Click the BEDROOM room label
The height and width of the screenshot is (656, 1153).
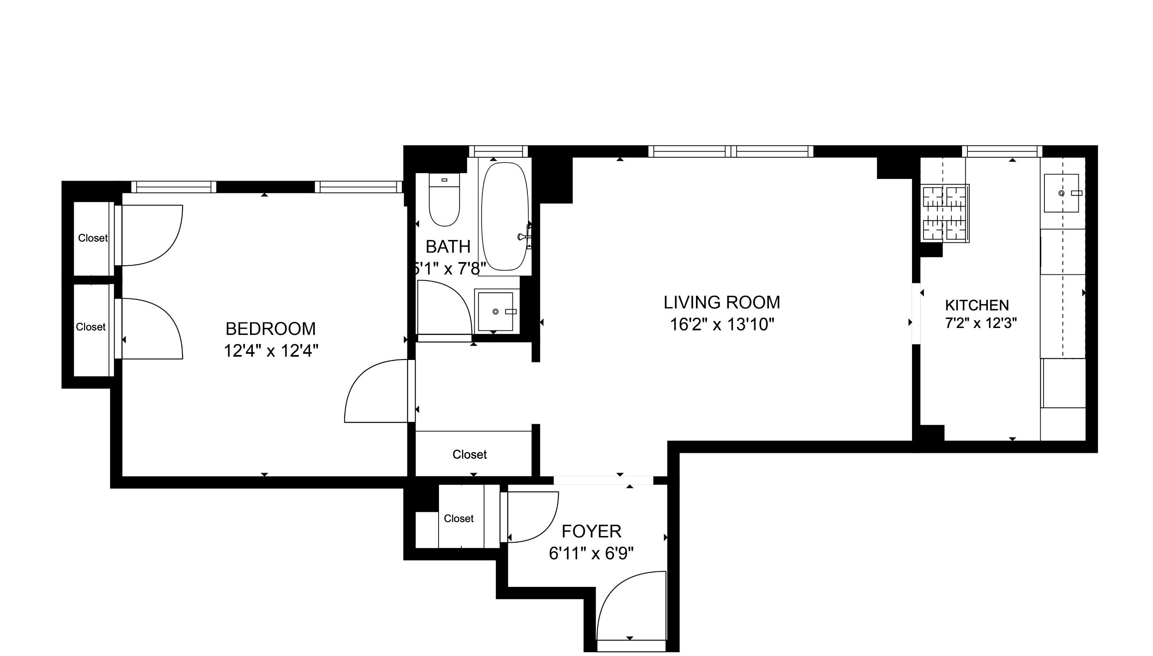(271, 329)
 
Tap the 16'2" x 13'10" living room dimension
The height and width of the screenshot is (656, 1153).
(721, 324)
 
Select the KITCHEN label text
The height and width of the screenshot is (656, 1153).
(977, 305)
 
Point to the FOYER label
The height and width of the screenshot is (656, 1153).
(591, 532)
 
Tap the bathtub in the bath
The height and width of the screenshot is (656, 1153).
(505, 216)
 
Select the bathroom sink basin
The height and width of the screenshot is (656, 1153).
(495, 311)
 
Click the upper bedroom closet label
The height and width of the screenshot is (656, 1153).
(93, 238)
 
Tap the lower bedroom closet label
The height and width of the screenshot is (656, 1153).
(91, 327)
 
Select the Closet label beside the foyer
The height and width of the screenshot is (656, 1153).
(459, 518)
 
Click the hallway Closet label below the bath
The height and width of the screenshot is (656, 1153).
(469, 455)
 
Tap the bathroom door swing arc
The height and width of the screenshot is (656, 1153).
(444, 306)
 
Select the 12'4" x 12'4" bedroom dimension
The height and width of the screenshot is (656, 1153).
(271, 351)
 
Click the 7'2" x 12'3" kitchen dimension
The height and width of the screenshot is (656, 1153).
(981, 323)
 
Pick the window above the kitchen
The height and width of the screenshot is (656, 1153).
(1002, 152)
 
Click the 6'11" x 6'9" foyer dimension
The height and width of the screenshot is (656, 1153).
(591, 553)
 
